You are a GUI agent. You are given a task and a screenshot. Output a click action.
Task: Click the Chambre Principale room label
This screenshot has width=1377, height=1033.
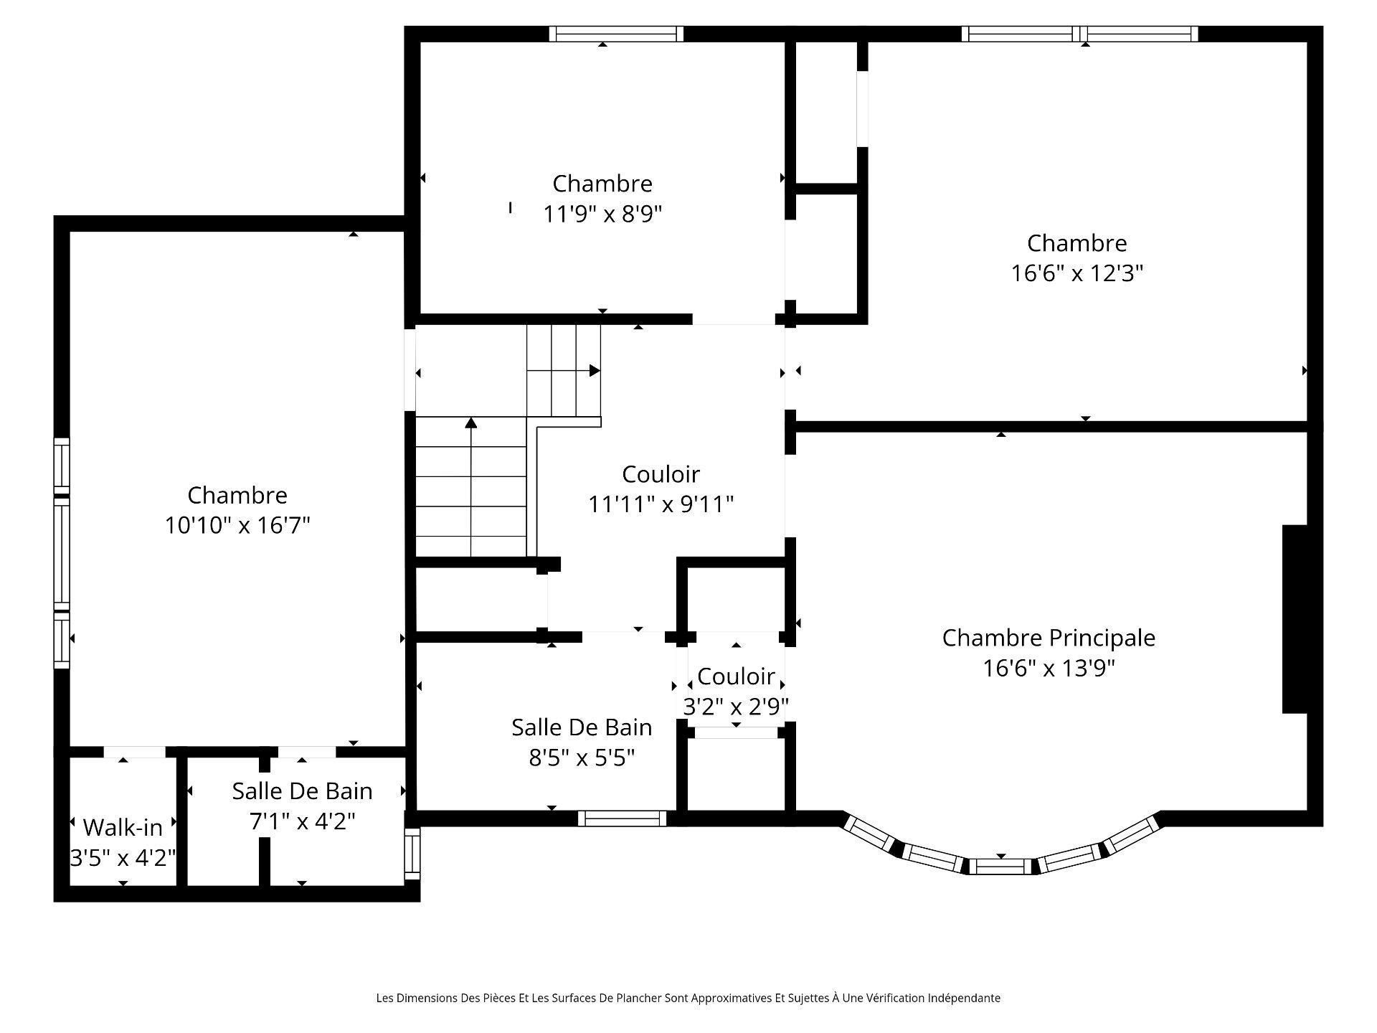pos(1048,637)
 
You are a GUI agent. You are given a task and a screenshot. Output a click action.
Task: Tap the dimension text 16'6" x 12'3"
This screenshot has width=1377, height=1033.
pos(1076,273)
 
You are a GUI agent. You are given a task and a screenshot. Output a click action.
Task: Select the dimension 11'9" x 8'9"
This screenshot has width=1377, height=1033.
pos(602,214)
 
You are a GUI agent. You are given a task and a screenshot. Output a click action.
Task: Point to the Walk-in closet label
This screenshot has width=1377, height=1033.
pos(123,827)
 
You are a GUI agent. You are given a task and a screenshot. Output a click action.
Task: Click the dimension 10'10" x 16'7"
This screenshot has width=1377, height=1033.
pos(237,525)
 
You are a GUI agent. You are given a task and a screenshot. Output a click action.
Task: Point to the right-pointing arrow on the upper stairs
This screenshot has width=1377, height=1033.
pos(594,370)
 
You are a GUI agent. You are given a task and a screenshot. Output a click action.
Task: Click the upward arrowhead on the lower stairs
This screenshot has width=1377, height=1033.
pos(471,423)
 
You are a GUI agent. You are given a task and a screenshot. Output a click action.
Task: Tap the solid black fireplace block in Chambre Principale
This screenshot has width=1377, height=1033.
pos(1295,619)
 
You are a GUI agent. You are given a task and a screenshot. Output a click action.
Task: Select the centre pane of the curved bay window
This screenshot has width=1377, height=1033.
pos(1000,866)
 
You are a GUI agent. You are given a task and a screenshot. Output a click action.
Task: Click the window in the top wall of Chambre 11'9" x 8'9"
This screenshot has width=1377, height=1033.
pos(616,34)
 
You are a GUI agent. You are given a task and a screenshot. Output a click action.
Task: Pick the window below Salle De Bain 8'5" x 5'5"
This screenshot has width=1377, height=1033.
pos(622,818)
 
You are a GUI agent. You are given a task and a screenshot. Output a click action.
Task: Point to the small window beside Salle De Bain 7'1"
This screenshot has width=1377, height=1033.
pos(412,854)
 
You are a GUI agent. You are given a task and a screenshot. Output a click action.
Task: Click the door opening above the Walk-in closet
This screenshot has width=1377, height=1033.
pos(134,752)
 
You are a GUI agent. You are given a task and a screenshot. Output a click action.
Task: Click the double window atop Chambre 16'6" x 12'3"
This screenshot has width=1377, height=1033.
pos(1079,34)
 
